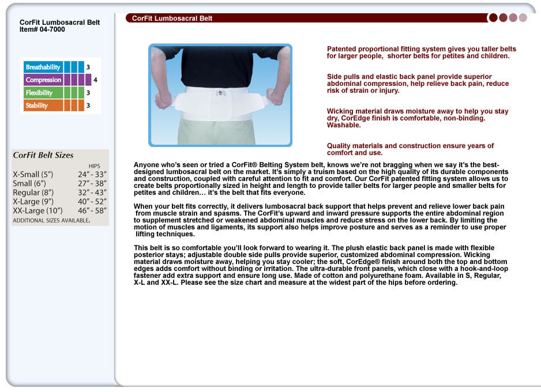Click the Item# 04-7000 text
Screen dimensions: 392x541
tap(42, 29)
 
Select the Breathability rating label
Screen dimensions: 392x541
tap(43, 67)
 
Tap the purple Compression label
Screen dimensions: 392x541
tap(43, 80)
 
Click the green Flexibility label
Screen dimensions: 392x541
tap(39, 92)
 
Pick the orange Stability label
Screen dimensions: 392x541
tap(37, 105)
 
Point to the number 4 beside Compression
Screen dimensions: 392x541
tap(95, 80)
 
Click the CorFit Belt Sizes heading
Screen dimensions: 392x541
tap(43, 155)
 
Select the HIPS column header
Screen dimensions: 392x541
tap(94, 166)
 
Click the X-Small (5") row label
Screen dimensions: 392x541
tap(33, 174)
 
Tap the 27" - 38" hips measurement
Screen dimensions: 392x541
tap(92, 183)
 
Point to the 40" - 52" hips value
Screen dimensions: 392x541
tap(92, 202)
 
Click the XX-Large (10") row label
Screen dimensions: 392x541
tap(37, 211)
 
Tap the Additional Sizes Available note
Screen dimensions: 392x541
tap(51, 220)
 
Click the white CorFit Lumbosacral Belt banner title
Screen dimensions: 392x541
tap(172, 18)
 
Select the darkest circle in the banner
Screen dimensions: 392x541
tap(493, 18)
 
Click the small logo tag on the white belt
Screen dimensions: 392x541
tap(220, 92)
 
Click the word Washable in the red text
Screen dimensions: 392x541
tap(344, 125)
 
